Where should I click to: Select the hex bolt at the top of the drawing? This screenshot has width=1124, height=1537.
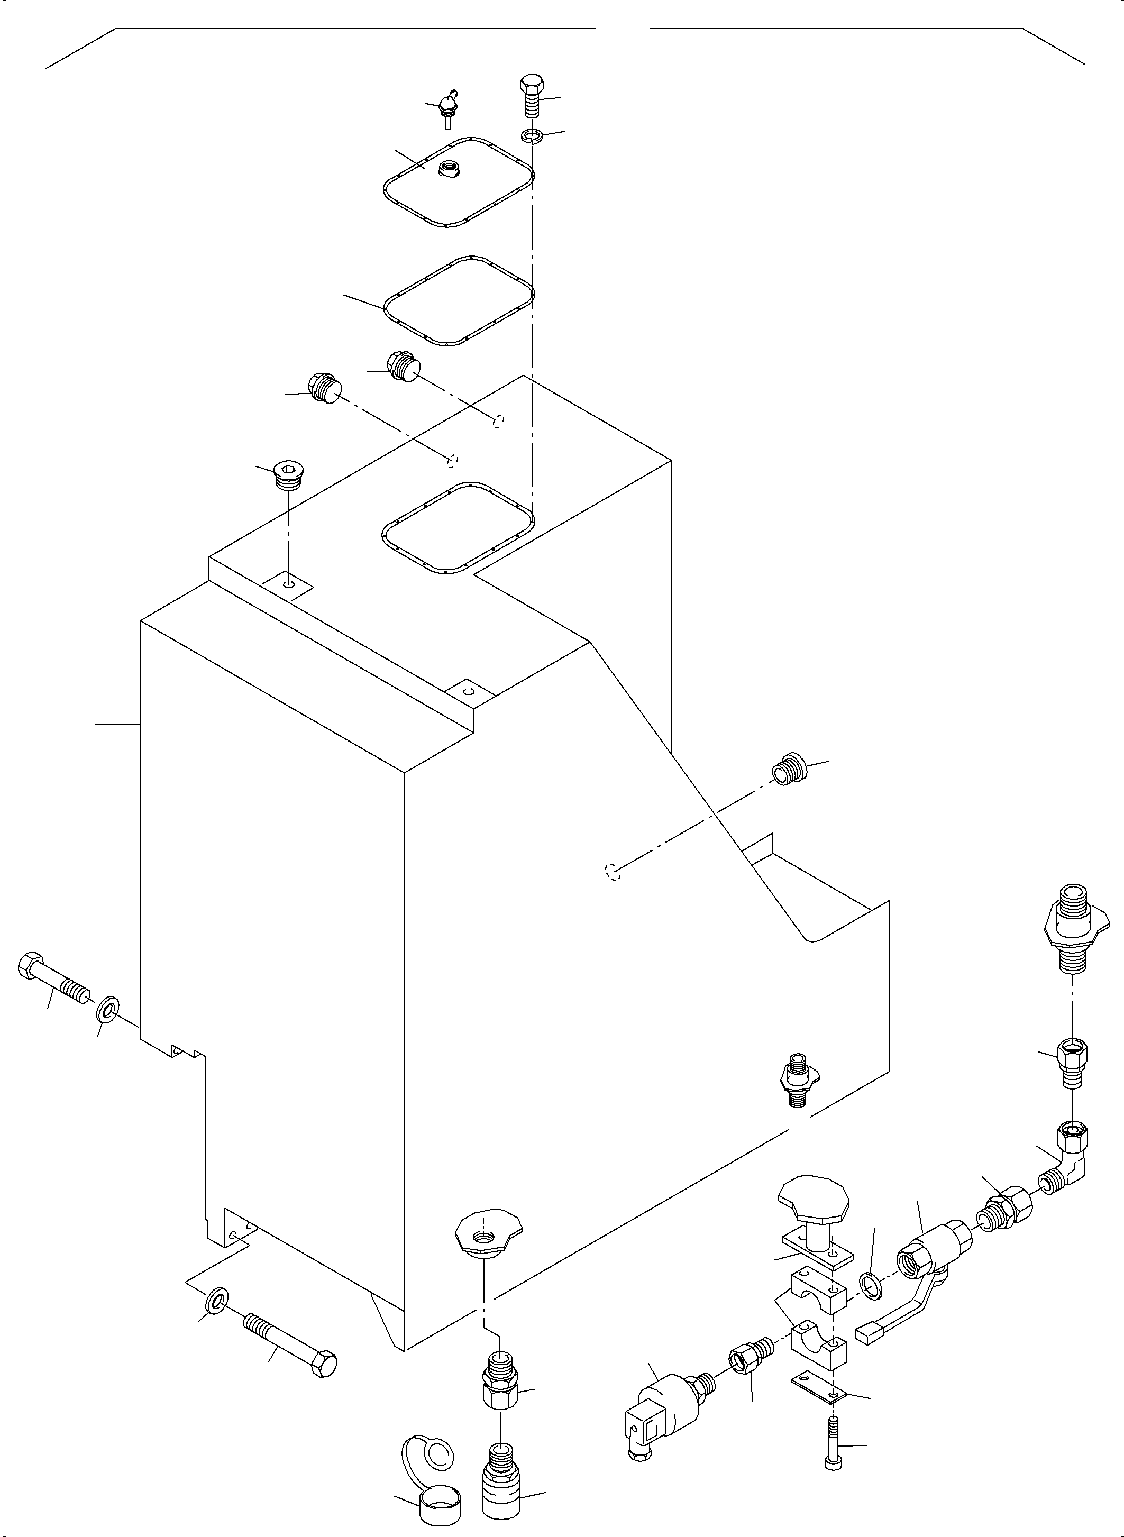531,95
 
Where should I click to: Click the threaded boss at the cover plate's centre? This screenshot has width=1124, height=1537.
449,167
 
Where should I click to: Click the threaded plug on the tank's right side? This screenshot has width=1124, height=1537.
790,769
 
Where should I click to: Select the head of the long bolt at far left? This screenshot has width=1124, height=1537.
29,965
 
